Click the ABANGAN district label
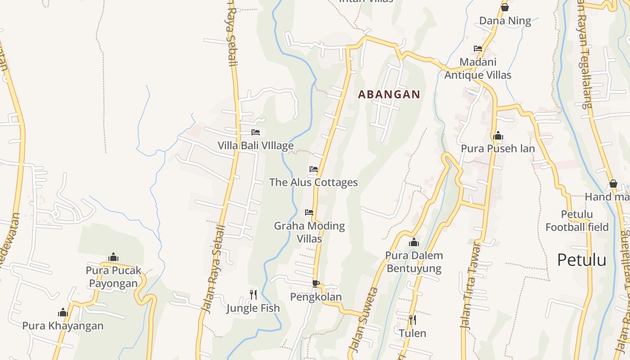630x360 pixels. click(389, 94)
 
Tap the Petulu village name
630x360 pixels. click(581, 260)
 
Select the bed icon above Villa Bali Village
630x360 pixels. click(256, 132)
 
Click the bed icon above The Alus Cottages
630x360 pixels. click(314, 169)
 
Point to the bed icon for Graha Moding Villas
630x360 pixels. click(309, 212)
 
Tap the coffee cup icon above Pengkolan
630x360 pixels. click(316, 283)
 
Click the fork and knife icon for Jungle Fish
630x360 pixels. click(253, 295)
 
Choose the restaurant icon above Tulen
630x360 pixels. click(412, 320)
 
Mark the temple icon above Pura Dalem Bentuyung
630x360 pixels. click(414, 243)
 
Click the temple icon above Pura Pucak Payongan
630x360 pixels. click(113, 257)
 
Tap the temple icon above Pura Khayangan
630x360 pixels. click(63, 312)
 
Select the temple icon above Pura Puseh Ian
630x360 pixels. click(498, 135)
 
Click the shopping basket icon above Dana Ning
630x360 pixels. click(505, 7)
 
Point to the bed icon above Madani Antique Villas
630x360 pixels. click(478, 49)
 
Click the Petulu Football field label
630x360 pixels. click(577, 220)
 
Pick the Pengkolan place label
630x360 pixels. click(316, 297)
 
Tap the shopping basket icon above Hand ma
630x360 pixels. click(613, 184)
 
